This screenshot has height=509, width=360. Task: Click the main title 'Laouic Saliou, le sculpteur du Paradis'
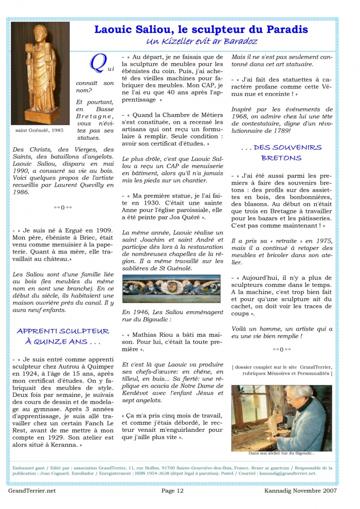tap(201, 29)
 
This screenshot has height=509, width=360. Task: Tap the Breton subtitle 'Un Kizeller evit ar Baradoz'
tap(201, 41)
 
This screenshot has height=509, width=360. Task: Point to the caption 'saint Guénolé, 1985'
tap(40, 130)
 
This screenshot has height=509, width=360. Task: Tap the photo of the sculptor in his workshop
tap(281, 417)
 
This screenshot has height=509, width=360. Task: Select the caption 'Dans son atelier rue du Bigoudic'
tap(281, 453)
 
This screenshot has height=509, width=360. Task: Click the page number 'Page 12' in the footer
tap(172, 490)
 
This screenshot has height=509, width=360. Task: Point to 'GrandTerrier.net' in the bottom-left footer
tap(32, 490)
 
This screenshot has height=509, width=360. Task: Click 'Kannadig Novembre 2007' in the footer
tap(308, 490)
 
